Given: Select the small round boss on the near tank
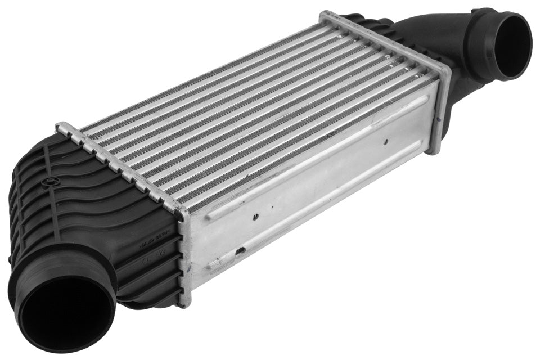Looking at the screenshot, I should (52, 182).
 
